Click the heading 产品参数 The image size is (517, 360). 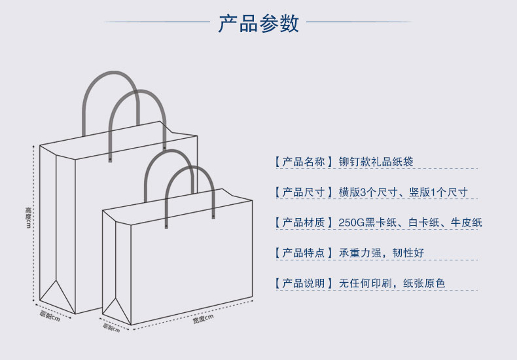[x=258, y=23]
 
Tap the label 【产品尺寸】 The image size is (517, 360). [x=304, y=192]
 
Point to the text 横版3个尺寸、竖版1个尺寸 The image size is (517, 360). [x=403, y=192]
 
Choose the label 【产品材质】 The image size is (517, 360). [x=304, y=223]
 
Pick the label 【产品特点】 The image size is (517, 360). [x=304, y=253]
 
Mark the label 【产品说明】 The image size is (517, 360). [x=304, y=283]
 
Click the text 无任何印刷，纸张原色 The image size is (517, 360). [x=391, y=283]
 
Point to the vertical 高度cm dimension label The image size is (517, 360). [x=28, y=218]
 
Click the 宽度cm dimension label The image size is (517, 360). [x=204, y=319]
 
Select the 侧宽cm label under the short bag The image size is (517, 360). [x=110, y=327]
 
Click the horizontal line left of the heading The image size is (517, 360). [x=157, y=22]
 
